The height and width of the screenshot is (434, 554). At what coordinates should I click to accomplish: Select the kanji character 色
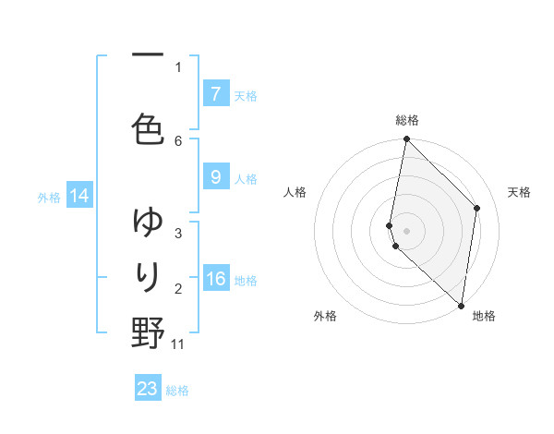coord(148,130)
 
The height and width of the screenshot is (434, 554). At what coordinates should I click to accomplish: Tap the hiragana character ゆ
coord(148,222)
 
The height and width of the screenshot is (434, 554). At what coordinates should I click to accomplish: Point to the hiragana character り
coord(148,276)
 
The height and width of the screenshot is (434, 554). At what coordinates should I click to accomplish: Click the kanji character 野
coord(148,332)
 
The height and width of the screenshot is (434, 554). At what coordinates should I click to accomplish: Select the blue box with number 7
coord(215,94)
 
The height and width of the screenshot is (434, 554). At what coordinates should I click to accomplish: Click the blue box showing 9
coord(215,177)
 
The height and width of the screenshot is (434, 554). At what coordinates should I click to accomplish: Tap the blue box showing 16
coord(215,279)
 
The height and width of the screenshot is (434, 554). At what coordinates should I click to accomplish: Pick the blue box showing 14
coord(78,196)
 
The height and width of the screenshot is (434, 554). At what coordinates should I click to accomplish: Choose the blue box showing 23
coord(148,389)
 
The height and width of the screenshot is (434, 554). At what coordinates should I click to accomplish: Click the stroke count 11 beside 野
coord(178,344)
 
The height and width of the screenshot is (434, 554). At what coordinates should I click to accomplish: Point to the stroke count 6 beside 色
coord(178,140)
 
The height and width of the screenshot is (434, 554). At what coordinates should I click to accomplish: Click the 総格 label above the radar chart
coord(407,120)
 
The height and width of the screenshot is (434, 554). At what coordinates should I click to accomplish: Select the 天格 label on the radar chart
coord(519,192)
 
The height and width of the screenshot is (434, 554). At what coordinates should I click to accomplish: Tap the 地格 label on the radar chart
coord(484,316)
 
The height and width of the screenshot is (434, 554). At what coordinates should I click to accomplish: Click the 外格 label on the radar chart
coord(325,316)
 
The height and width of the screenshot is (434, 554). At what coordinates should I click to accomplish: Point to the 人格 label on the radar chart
coord(295,192)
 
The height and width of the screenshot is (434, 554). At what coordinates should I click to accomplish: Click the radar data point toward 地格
coord(461,305)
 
